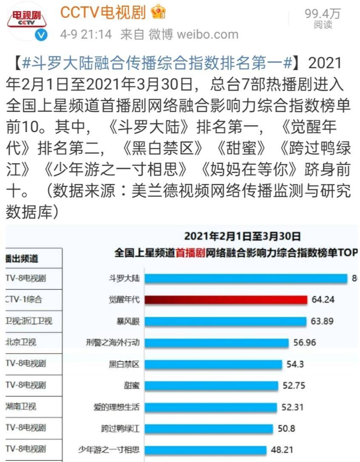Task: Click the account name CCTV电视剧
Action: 103,13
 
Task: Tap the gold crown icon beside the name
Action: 159,13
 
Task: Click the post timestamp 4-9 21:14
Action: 86,34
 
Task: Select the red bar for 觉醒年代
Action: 226,300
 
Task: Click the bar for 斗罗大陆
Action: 246,278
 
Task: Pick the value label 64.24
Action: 323,300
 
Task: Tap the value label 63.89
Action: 322,321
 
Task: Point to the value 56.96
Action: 305,342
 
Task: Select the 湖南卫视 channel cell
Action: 21,406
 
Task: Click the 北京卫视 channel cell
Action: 21,342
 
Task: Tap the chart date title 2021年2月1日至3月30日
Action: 243,237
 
